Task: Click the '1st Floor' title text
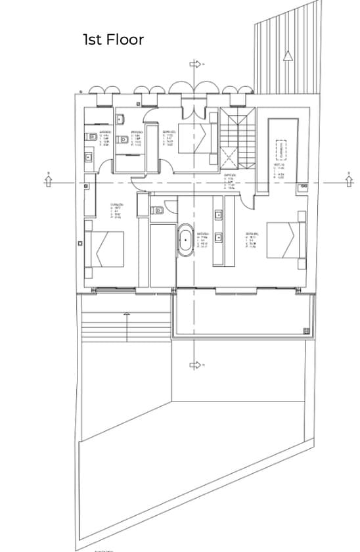click(x=113, y=39)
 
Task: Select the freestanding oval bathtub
click(x=186, y=241)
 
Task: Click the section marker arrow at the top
click(x=195, y=64)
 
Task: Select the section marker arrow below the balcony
click(x=195, y=365)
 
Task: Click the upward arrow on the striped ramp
click(x=287, y=55)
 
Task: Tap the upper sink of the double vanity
click(x=218, y=214)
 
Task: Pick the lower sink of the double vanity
click(x=218, y=238)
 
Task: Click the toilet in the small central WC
click(x=155, y=210)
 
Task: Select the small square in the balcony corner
click(x=305, y=330)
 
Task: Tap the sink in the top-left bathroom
click(x=89, y=156)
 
